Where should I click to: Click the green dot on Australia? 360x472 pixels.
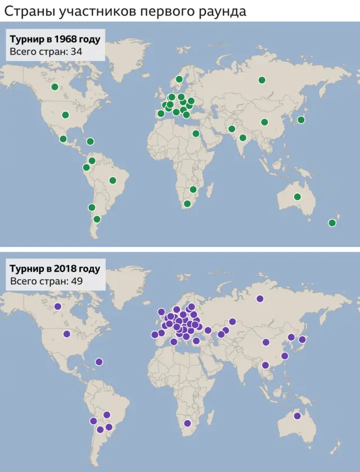(x=297, y=197)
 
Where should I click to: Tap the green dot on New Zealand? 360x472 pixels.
(x=332, y=223)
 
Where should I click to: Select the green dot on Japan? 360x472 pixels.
(x=301, y=119)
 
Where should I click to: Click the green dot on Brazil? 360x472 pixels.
(x=112, y=180)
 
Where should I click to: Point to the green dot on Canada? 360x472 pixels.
(x=55, y=87)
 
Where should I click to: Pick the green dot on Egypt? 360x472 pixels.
(x=195, y=134)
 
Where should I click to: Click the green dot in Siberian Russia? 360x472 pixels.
(x=262, y=80)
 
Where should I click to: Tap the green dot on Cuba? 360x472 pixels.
(x=90, y=142)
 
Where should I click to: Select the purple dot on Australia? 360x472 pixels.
(x=296, y=416)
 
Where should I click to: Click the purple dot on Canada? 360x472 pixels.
(x=57, y=307)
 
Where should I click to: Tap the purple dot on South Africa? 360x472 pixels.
(x=187, y=424)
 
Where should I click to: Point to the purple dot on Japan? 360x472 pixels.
(x=302, y=339)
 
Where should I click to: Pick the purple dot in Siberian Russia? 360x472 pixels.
(x=260, y=299)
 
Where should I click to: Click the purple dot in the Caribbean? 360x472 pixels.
(x=99, y=362)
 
